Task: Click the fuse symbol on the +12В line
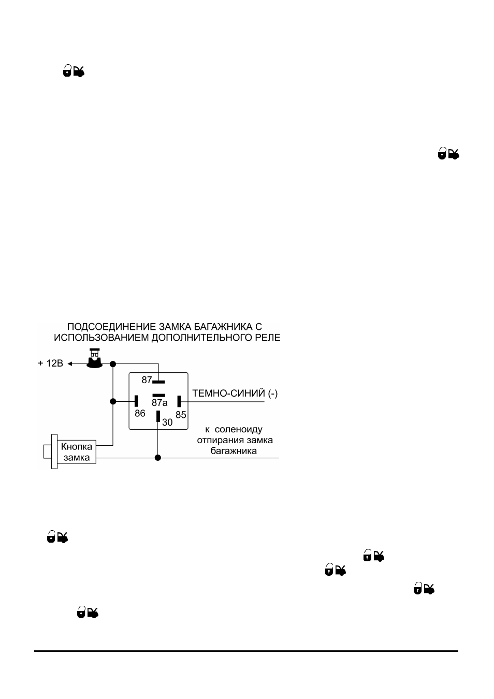(x=95, y=358)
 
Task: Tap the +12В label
(x=51, y=363)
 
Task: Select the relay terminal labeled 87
(x=158, y=382)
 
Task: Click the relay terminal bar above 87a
(x=158, y=396)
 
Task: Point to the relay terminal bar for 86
(x=136, y=401)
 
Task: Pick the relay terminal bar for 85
(x=179, y=401)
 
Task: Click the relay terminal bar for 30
(x=158, y=416)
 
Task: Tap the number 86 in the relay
(x=140, y=414)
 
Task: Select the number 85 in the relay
(x=181, y=415)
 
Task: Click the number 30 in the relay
(x=167, y=423)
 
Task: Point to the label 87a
(x=159, y=403)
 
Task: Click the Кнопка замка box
(x=77, y=452)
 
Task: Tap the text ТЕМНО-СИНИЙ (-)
(x=235, y=393)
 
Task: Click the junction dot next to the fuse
(x=113, y=364)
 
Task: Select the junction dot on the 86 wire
(x=113, y=401)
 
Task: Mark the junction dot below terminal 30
(x=158, y=458)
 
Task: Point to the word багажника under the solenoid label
(x=234, y=451)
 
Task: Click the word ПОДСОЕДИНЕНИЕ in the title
(x=112, y=327)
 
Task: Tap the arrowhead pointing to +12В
(x=70, y=364)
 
